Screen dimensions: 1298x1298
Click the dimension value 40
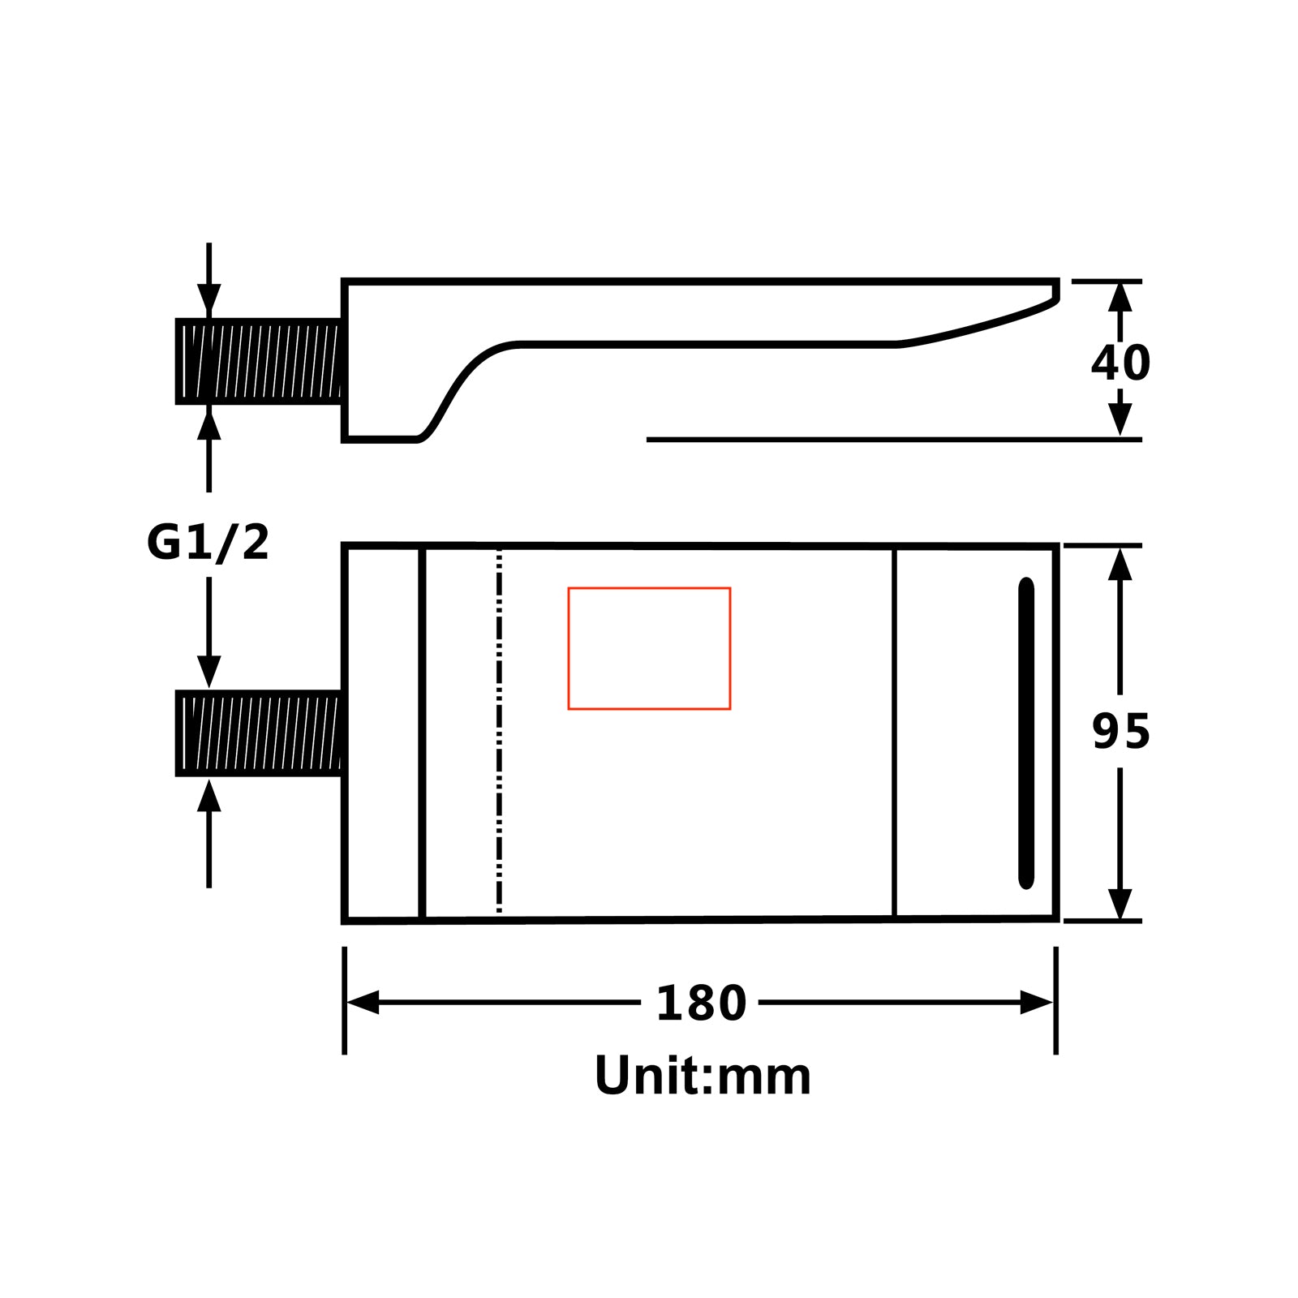(1120, 363)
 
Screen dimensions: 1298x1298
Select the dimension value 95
(1121, 731)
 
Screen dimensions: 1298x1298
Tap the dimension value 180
(701, 1004)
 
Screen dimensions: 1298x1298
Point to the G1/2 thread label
(208, 543)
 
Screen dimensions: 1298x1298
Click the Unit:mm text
(703, 1076)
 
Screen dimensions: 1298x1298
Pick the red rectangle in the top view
(649, 587)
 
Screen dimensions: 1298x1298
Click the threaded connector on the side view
(258, 361)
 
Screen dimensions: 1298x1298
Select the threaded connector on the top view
(258, 733)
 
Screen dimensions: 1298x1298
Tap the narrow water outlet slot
(1026, 733)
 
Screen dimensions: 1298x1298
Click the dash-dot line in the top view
(499, 733)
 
